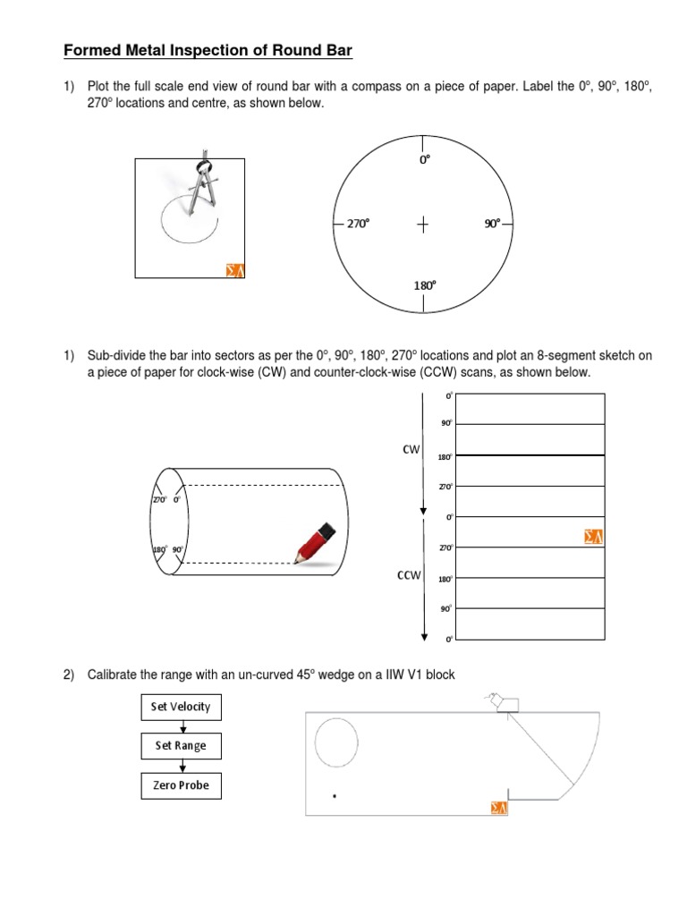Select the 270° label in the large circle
coord(357,225)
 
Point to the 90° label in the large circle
coord(493,225)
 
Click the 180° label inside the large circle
coord(424,285)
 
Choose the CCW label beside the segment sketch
coord(408,576)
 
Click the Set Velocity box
coord(181,707)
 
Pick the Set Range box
coord(181,746)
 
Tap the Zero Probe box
coord(181,785)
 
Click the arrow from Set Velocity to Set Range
coord(181,726)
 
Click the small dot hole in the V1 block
coord(335,794)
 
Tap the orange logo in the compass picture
coord(233,269)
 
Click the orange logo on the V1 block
coord(499,808)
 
